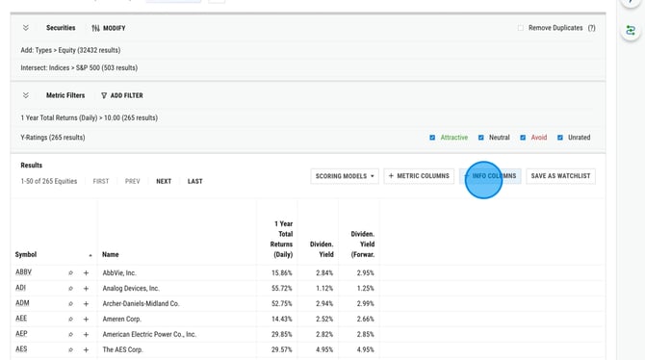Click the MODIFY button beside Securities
pyautogui.click(x=109, y=28)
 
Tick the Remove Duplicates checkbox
pyautogui.click(x=521, y=28)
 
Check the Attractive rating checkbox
pyautogui.click(x=432, y=138)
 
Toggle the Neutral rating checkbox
pyautogui.click(x=481, y=138)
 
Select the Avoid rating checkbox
pyautogui.click(x=523, y=138)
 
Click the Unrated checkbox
pyautogui.click(x=560, y=138)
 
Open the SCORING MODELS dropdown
pyautogui.click(x=345, y=176)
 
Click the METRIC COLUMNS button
pyautogui.click(x=419, y=176)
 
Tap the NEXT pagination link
pyautogui.click(x=164, y=181)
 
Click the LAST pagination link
pyautogui.click(x=194, y=181)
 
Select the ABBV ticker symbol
pyautogui.click(x=23, y=272)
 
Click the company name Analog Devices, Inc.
pyautogui.click(x=131, y=288)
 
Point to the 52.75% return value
pyautogui.click(x=281, y=303)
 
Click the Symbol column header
pyautogui.click(x=26, y=255)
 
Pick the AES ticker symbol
pyautogui.click(x=21, y=349)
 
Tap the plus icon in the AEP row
pyautogui.click(x=86, y=334)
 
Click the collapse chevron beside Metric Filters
pyautogui.click(x=26, y=95)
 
